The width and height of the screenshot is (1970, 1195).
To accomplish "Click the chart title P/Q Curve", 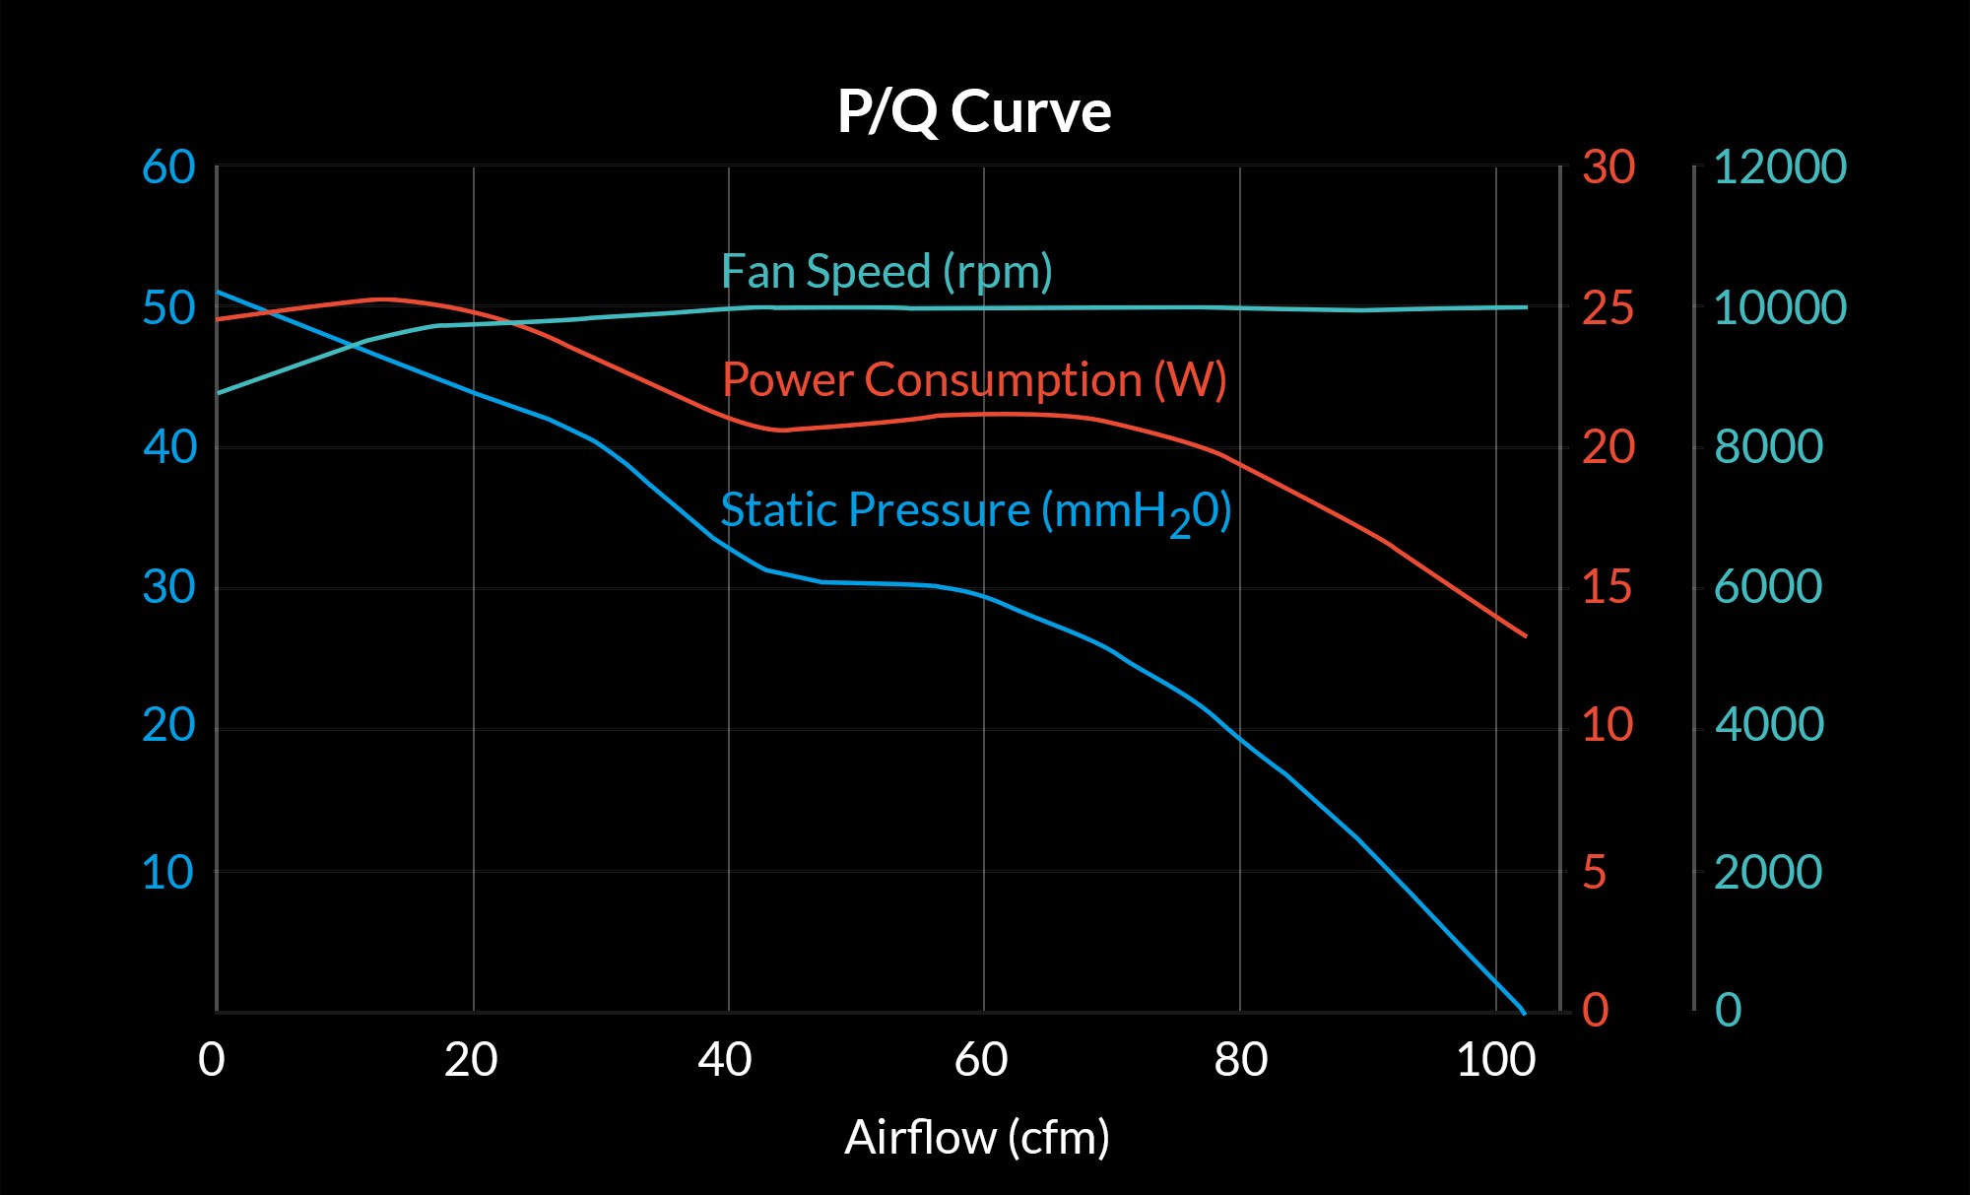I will [974, 111].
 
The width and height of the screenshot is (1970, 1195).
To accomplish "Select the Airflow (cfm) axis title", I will [976, 1138].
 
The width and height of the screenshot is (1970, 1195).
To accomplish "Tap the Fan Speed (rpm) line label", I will [886, 272].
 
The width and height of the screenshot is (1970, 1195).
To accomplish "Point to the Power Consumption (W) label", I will [974, 380].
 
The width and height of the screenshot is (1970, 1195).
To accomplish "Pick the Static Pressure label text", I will [975, 511].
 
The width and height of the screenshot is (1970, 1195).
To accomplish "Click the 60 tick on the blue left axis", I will [168, 167].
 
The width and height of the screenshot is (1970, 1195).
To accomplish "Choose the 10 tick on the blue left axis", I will [167, 873].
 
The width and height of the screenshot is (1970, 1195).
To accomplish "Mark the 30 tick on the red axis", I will [1609, 167].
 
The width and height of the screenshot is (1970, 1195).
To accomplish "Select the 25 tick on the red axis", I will [1609, 308].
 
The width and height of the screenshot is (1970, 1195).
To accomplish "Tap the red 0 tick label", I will [1596, 1010].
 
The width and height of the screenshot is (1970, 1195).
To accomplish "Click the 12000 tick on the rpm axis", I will [1780, 167].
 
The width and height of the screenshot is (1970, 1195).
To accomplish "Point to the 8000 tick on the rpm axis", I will [1769, 447].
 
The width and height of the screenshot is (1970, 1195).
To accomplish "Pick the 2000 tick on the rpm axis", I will [1768, 873].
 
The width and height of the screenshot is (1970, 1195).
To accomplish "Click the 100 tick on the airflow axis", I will [1495, 1060].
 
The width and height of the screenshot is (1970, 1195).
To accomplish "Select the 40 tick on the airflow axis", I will [725, 1060].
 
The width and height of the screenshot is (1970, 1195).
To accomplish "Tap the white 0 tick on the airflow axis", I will [212, 1060].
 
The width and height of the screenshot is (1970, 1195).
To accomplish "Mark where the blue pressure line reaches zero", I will [1524, 1011].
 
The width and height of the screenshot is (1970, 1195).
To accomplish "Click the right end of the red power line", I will [1526, 635].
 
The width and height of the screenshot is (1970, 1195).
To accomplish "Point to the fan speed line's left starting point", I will [219, 392].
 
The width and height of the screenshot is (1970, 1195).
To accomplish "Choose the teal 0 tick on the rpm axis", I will [1729, 1010].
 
